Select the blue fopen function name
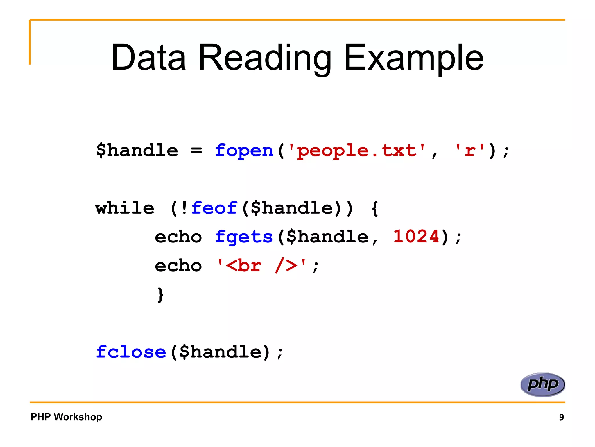(244, 151)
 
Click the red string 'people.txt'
(357, 151)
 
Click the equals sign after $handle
(196, 151)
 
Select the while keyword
(125, 208)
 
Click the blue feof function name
(214, 208)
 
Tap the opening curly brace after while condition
(375, 209)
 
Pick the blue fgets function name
(244, 237)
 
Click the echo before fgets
(178, 237)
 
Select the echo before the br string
(178, 266)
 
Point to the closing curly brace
(160, 295)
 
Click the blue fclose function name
(131, 352)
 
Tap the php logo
(543, 384)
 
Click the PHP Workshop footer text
(66, 417)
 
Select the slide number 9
(561, 417)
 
